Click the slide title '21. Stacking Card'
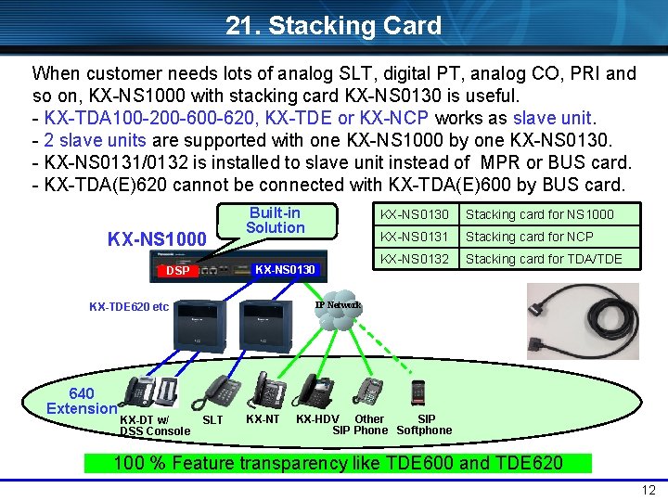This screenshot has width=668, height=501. pos(333,25)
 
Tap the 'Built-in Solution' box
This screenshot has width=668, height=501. pos(275,220)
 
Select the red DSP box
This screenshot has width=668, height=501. pos(177,270)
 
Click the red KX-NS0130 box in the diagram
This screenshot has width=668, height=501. pos(285,270)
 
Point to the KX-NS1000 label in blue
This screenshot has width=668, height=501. pos(157,239)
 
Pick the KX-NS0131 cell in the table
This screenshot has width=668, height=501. pos(414,237)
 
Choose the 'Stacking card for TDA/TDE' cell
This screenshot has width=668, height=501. pos(543,259)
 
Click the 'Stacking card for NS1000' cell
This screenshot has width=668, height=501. pos(539,214)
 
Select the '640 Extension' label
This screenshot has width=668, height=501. pos(82,401)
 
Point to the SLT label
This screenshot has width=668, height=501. pos(212,420)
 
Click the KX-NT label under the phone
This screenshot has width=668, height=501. pos(263,419)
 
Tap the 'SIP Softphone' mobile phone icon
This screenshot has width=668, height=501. pos(417,391)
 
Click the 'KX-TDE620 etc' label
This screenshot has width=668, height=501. pos(129,306)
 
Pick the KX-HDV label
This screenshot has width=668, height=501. pos(317,419)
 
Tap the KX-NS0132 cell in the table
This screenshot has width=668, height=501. pos(414,259)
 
